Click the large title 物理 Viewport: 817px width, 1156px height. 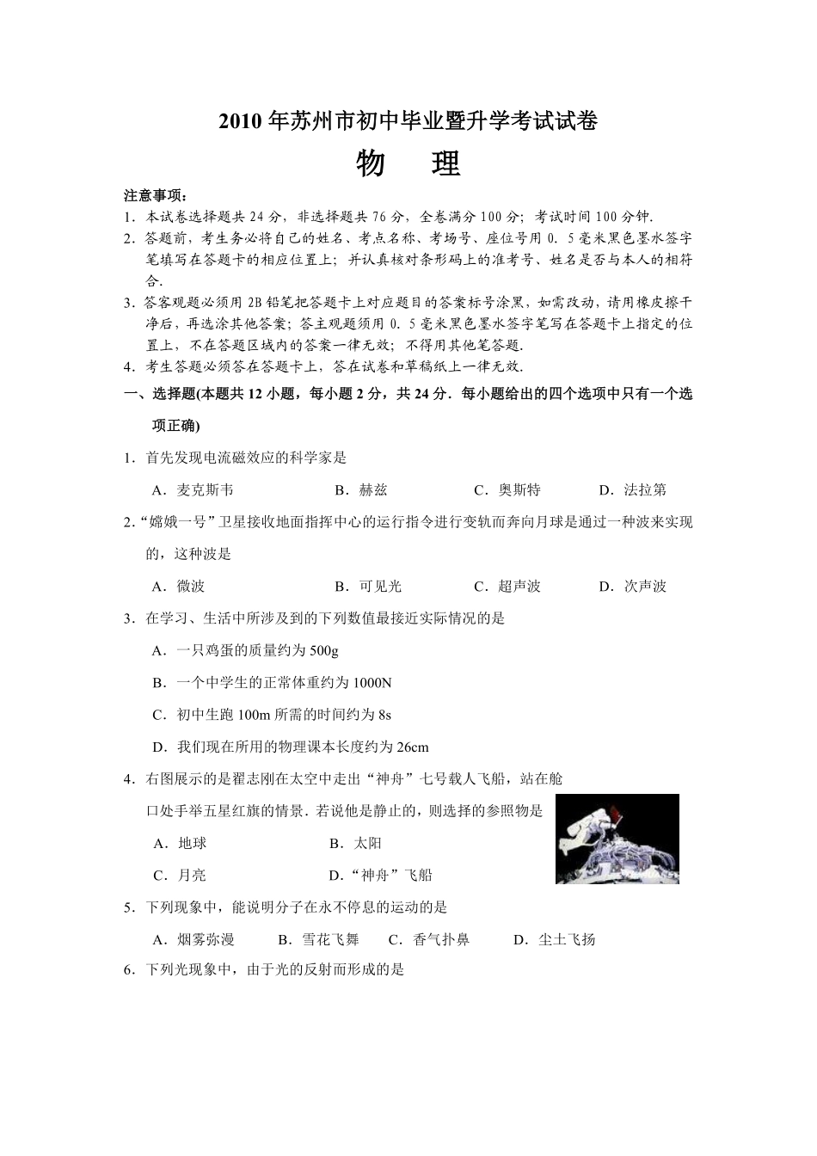pos(408,163)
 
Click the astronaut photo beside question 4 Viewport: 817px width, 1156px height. pos(617,839)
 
